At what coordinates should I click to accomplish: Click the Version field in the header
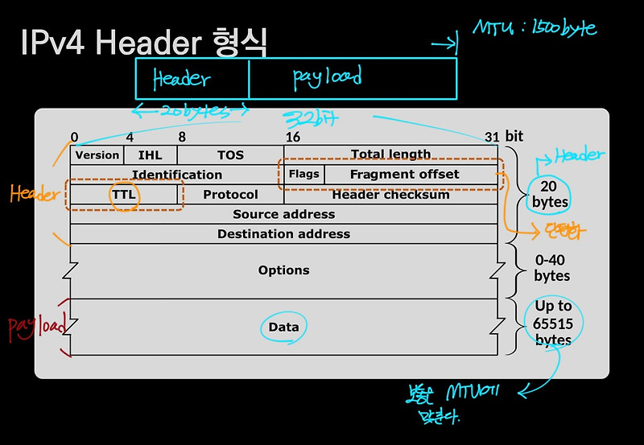coord(97,155)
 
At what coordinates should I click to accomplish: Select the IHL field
coord(150,155)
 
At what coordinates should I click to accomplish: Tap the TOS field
coord(230,155)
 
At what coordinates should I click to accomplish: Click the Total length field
coord(390,155)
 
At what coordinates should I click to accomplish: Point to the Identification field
coord(177,175)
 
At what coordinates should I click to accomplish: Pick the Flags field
coord(303,174)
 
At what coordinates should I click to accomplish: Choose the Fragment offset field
coord(404,174)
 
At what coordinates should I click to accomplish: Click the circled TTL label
coord(125,195)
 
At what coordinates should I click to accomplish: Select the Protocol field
coord(230,195)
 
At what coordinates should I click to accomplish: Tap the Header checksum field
coord(390,195)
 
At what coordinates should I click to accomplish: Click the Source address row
coord(283,214)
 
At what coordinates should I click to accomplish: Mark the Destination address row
coord(283,234)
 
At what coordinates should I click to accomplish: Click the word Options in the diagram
coord(283,270)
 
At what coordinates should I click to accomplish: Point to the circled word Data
coord(283,327)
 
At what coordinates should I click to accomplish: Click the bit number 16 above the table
coord(292,137)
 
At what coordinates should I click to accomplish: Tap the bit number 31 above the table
coord(493,137)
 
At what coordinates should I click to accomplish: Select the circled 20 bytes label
coord(551,194)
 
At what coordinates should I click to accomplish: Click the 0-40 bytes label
coord(552,268)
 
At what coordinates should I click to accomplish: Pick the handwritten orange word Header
coord(34,194)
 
